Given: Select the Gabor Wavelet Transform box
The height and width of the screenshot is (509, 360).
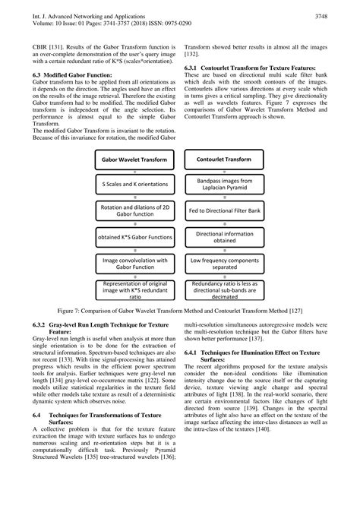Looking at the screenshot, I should tap(134, 160).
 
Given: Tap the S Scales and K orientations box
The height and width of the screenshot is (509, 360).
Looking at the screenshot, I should tap(134, 185).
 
